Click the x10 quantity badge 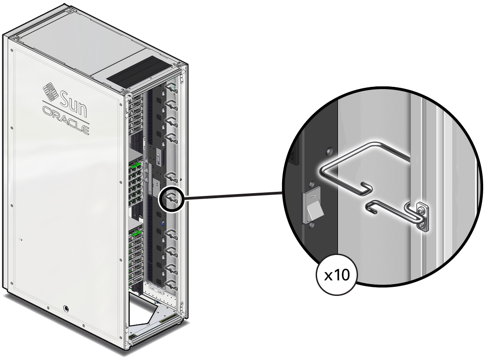point(336,275)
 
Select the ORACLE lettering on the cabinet point(66,119)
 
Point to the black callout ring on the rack point(171,199)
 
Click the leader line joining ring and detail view point(232,195)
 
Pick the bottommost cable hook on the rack point(171,285)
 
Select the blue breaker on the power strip point(162,224)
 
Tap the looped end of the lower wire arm point(369,208)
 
